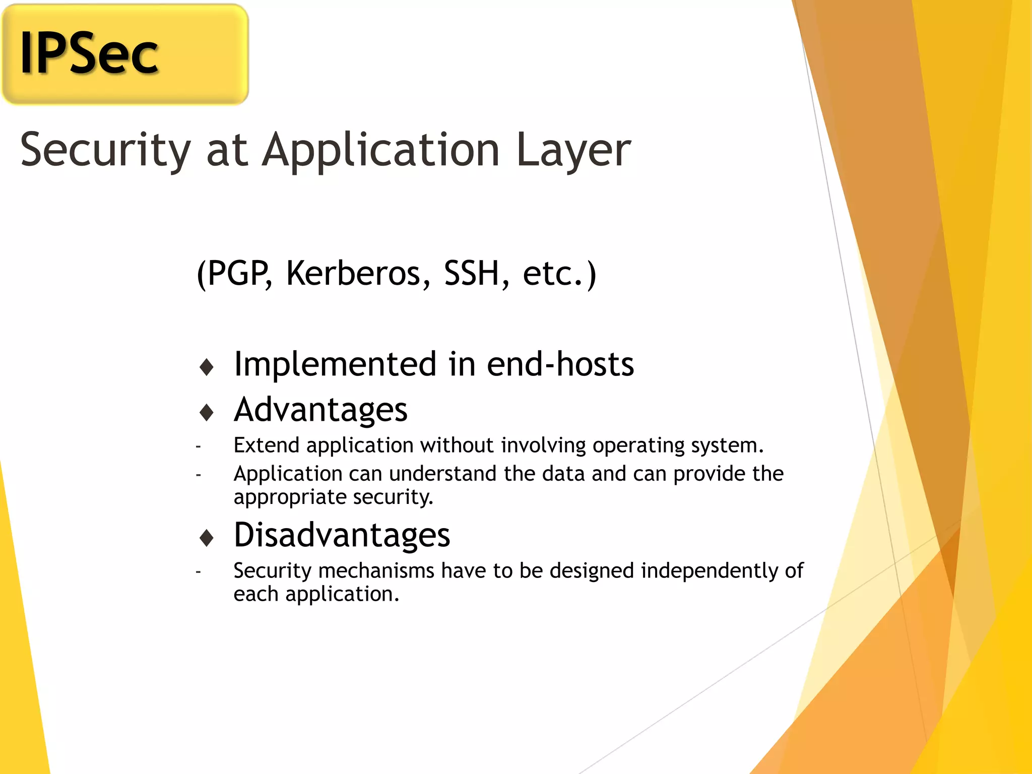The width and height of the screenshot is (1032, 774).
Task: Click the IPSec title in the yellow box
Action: click(x=89, y=53)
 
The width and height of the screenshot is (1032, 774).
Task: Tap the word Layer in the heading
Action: click(x=573, y=150)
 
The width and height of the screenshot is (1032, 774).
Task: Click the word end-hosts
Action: click(x=560, y=364)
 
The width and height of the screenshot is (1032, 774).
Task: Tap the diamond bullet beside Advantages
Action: click(x=207, y=413)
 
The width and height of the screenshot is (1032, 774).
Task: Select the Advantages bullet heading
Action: click(x=321, y=410)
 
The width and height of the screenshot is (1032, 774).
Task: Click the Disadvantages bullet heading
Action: click(x=342, y=535)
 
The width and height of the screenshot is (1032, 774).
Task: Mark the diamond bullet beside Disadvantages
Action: click(x=207, y=538)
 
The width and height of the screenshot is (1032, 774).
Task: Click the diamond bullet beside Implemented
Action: click(x=207, y=367)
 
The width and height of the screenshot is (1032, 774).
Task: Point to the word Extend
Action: click(x=267, y=445)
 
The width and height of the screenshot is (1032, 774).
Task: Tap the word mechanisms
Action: click(x=376, y=571)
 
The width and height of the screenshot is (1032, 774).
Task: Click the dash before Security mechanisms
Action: click(x=199, y=572)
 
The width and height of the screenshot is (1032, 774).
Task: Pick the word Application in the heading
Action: click(x=381, y=150)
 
